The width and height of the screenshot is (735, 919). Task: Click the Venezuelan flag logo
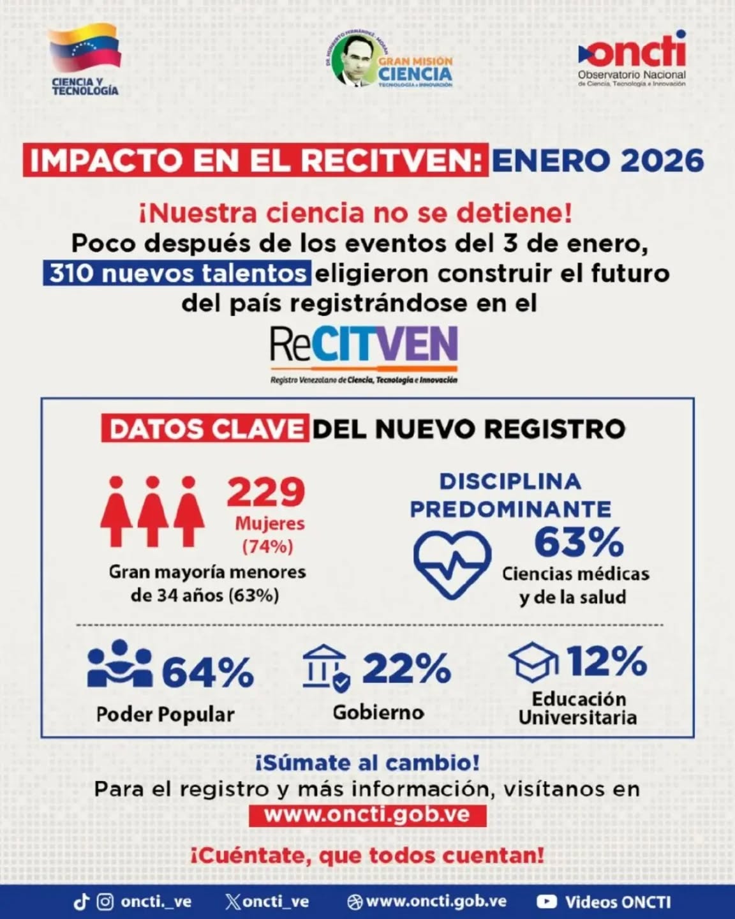[85, 49]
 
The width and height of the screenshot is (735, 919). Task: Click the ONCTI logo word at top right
[634, 51]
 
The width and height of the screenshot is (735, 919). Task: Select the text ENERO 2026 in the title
[597, 160]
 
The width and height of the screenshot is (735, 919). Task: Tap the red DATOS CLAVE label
[205, 429]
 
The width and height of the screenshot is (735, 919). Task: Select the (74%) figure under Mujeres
[267, 546]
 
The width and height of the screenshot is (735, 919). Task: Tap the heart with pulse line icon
[452, 564]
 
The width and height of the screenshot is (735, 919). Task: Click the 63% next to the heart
[578, 542]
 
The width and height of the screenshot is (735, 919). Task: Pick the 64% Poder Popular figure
[207, 672]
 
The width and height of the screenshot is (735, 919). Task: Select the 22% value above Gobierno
[406, 668]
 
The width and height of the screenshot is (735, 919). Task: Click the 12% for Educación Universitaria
[606, 661]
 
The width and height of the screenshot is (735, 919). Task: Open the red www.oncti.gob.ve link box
[367, 815]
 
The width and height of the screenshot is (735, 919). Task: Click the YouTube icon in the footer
[546, 901]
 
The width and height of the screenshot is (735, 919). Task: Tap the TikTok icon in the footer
[82, 902]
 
